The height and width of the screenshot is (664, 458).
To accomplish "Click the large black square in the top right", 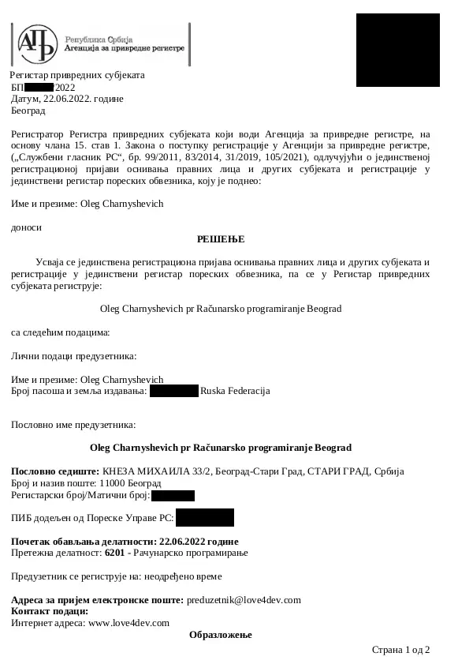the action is coord(398,50).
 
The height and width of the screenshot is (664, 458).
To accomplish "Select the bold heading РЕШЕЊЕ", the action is coord(221,238).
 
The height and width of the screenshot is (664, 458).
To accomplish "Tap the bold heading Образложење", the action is coord(221,635).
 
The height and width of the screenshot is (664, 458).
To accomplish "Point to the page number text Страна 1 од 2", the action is coord(400,650).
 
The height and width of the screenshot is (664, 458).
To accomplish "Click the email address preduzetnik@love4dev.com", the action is coord(244,600).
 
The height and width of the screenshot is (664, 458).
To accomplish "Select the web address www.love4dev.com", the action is coord(129,622).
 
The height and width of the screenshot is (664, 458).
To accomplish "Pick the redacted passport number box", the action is coord(174,391).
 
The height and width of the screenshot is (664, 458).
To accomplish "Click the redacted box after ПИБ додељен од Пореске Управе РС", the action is coord(205,518).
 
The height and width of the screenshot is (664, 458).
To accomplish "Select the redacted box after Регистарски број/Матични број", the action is coord(173,496).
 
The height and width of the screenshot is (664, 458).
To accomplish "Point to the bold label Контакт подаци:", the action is coord(50,611).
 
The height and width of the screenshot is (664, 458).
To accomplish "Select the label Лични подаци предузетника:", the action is coord(74,357).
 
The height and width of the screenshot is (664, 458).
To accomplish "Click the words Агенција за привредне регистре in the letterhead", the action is coord(125,48).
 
